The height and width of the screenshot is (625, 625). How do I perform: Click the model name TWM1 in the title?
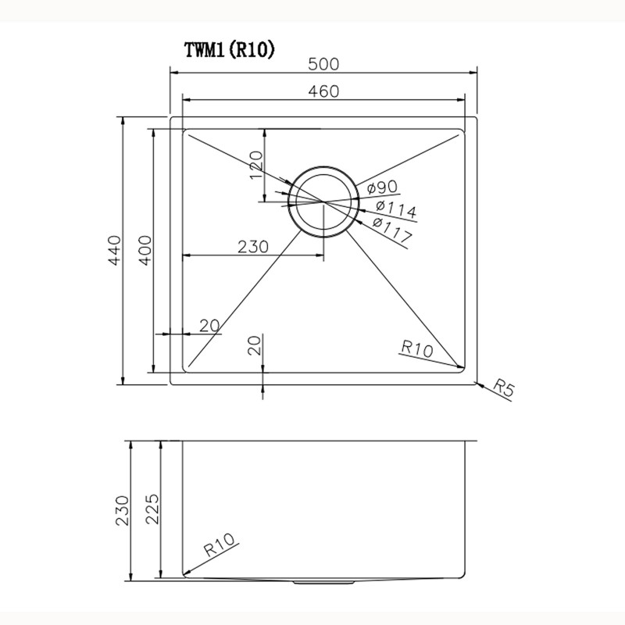point(205,50)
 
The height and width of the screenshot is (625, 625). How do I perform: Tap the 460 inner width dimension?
point(323,91)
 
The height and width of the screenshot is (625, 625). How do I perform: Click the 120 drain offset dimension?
point(257,165)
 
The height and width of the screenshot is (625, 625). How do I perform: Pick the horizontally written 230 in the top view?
point(252,246)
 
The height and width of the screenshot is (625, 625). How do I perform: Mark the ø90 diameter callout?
point(382,187)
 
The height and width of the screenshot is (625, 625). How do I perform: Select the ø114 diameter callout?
point(395,209)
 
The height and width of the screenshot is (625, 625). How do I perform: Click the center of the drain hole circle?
point(323,201)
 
